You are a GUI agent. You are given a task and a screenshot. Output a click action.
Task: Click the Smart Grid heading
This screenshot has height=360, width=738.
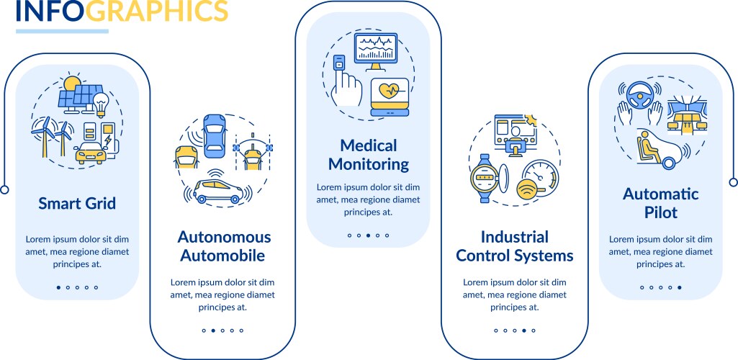77,204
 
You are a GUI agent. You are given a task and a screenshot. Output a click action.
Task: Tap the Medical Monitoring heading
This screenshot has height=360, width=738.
368,155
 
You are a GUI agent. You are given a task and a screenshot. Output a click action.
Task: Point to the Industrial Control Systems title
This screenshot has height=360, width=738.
514,246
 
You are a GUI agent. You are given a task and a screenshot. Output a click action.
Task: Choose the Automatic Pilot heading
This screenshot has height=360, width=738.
660,203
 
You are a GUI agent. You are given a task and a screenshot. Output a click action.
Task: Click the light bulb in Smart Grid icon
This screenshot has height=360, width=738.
102,101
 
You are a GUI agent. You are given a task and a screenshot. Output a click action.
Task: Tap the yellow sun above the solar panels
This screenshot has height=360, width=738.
71,85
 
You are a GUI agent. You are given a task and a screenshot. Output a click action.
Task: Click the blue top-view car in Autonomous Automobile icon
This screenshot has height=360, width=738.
215,135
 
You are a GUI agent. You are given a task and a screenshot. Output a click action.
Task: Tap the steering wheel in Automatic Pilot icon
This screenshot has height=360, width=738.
639,91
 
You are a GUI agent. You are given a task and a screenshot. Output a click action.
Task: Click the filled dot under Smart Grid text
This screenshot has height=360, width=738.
58,287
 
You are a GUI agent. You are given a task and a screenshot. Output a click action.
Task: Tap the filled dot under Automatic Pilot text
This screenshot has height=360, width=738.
679,287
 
